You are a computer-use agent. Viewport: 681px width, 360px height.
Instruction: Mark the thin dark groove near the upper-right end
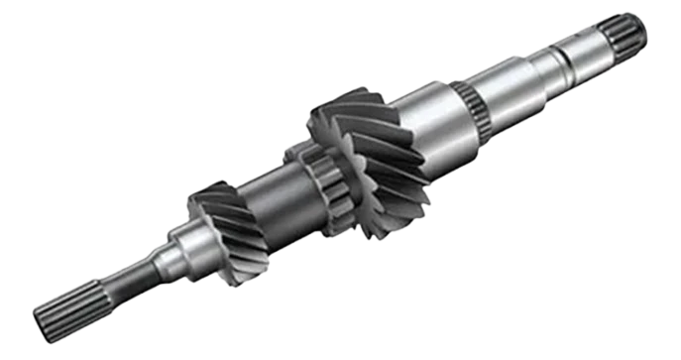pos(566,63)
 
